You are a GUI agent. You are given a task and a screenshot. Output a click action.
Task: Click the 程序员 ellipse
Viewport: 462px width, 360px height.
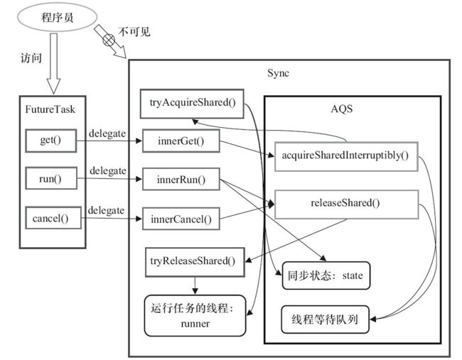[x=57, y=17]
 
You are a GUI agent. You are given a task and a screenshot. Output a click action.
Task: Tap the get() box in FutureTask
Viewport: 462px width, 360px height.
[x=51, y=141]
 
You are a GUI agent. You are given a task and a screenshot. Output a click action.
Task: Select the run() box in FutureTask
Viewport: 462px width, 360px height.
[x=51, y=178]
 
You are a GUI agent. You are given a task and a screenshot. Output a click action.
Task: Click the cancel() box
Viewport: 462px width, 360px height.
[x=53, y=218]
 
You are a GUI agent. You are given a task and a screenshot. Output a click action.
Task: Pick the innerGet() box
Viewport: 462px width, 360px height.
[x=181, y=141]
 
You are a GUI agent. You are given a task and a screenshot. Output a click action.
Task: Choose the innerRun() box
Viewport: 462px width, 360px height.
[x=181, y=179]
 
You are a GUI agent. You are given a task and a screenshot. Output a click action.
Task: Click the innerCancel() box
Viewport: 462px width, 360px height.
[x=181, y=219]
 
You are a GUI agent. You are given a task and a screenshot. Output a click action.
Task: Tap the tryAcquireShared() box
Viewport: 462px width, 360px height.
[x=192, y=104]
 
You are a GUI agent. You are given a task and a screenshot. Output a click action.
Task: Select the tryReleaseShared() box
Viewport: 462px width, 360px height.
[x=195, y=262]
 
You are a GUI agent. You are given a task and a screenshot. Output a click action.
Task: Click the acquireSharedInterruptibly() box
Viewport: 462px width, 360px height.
[x=346, y=156]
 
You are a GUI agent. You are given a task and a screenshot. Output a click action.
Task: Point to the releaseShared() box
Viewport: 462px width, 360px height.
[x=346, y=204]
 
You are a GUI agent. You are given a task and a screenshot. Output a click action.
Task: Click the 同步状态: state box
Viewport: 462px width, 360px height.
[x=326, y=276]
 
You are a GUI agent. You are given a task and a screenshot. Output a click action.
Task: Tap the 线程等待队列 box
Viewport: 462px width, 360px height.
[x=325, y=320]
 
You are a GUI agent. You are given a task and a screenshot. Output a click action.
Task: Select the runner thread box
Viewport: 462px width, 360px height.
[x=195, y=315]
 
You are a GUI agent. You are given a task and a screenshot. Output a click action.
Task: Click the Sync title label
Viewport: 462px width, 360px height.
[x=278, y=73]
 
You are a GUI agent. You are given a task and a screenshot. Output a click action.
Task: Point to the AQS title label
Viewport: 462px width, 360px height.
[x=341, y=109]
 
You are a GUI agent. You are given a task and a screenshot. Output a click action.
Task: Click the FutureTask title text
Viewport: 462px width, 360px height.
[x=50, y=109]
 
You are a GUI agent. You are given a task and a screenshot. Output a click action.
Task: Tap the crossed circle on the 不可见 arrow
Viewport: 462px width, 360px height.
[x=109, y=40]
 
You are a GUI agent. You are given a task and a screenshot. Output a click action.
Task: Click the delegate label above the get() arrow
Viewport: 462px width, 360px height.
[x=107, y=133]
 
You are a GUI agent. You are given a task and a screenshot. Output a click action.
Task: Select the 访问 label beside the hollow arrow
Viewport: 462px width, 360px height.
[x=31, y=58]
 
